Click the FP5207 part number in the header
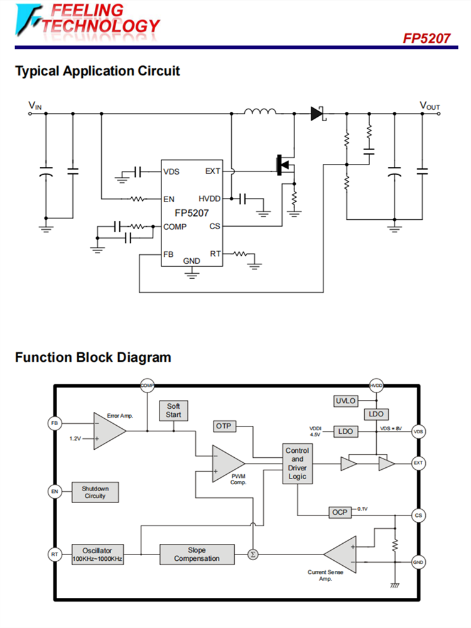click(x=426, y=38)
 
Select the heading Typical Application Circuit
click(x=97, y=71)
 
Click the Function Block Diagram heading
click(x=93, y=358)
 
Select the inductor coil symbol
click(x=260, y=113)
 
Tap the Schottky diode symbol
click(x=317, y=114)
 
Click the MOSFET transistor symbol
click(x=286, y=165)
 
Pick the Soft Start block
click(x=173, y=411)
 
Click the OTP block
click(x=224, y=426)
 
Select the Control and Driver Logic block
click(x=297, y=463)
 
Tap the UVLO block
click(x=345, y=401)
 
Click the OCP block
click(x=340, y=512)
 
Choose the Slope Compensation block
click(x=197, y=555)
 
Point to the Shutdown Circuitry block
click(x=95, y=492)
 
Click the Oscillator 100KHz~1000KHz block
click(x=97, y=555)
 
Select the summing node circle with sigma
click(x=252, y=555)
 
